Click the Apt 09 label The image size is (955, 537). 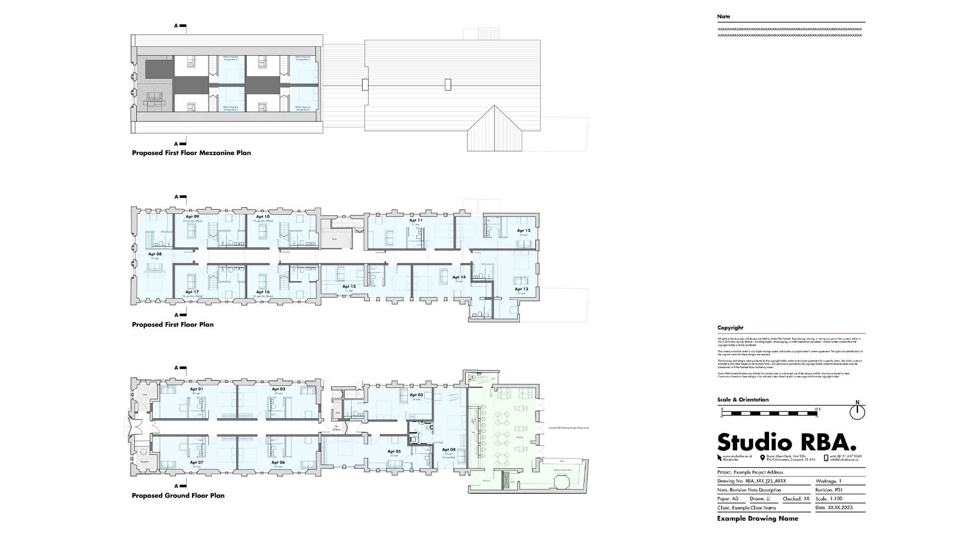click(192, 217)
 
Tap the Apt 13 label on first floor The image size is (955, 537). click(521, 289)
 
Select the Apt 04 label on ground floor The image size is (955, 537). click(449, 449)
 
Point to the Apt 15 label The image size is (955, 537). click(349, 287)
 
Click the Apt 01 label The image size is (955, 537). click(196, 389)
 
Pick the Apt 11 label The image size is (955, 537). click(416, 220)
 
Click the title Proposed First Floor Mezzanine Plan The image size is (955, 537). click(191, 153)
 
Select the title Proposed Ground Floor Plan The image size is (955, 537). click(178, 496)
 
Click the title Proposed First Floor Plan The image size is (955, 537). click(173, 325)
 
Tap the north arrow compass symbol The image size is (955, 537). click(858, 412)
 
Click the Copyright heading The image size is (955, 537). click(730, 328)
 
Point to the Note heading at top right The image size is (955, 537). click(724, 16)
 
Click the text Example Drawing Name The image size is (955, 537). click(758, 519)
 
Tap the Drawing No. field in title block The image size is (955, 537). click(752, 481)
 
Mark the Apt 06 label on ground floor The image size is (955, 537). click(278, 462)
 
